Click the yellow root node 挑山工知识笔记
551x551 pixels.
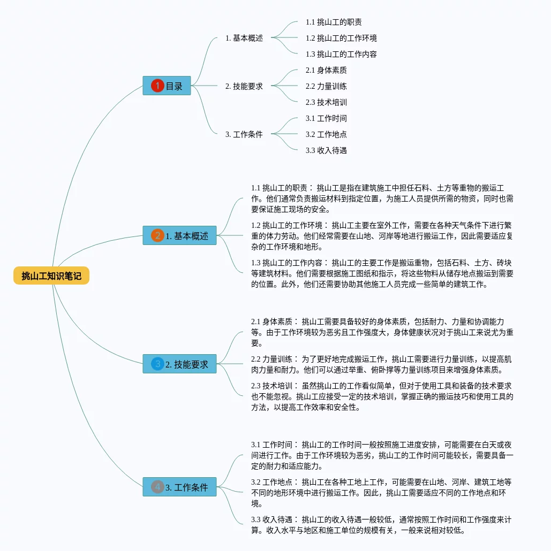(x=51, y=276)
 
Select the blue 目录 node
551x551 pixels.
(x=167, y=86)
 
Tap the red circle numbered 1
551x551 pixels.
(x=157, y=86)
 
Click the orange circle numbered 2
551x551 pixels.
(x=157, y=235)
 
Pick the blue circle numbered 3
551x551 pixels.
(x=157, y=364)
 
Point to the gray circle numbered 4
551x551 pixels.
(x=157, y=487)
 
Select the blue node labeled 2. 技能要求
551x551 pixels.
(x=179, y=364)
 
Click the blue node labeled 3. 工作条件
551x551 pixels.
(x=179, y=487)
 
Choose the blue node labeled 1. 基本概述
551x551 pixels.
(x=179, y=235)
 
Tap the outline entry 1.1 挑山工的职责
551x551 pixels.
(x=333, y=22)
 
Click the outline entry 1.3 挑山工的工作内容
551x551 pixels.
(x=341, y=54)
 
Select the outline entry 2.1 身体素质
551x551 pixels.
(x=326, y=70)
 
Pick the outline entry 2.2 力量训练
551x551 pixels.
(x=326, y=86)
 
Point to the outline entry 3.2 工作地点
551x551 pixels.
(x=326, y=134)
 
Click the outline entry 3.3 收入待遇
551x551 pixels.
(x=326, y=150)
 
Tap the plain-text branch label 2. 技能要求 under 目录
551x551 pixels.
(x=244, y=86)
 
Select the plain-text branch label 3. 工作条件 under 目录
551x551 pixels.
(x=244, y=134)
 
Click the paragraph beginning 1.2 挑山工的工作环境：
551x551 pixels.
(x=382, y=236)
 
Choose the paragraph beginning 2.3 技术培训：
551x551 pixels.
(x=382, y=396)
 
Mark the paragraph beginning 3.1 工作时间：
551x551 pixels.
(x=382, y=455)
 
